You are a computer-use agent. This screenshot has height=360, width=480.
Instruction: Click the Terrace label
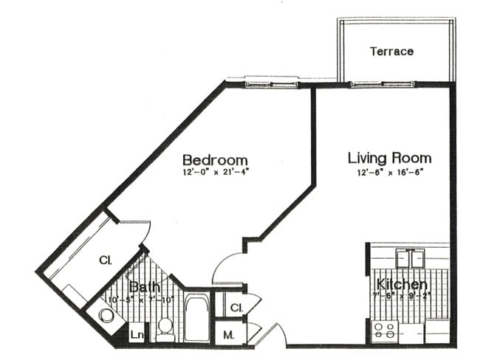pos(391,52)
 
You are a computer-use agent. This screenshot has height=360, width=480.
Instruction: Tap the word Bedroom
pos(215,160)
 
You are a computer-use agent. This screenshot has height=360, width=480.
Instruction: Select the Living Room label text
pos(389,158)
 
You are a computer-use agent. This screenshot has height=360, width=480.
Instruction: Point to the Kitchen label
pos(402,285)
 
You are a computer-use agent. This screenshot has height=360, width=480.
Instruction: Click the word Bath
pos(143,286)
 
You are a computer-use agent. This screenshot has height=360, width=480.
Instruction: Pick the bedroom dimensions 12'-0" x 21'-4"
pos(215,174)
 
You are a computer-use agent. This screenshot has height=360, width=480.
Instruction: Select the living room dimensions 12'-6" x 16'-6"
pos(390,173)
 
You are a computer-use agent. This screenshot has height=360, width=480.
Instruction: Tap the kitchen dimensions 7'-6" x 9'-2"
pos(402,297)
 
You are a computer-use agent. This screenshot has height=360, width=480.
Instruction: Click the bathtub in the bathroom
pos(196,318)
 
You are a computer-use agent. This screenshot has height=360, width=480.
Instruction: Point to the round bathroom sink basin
pos(105,316)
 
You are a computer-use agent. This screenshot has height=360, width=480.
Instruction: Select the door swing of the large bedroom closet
pos(133,232)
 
